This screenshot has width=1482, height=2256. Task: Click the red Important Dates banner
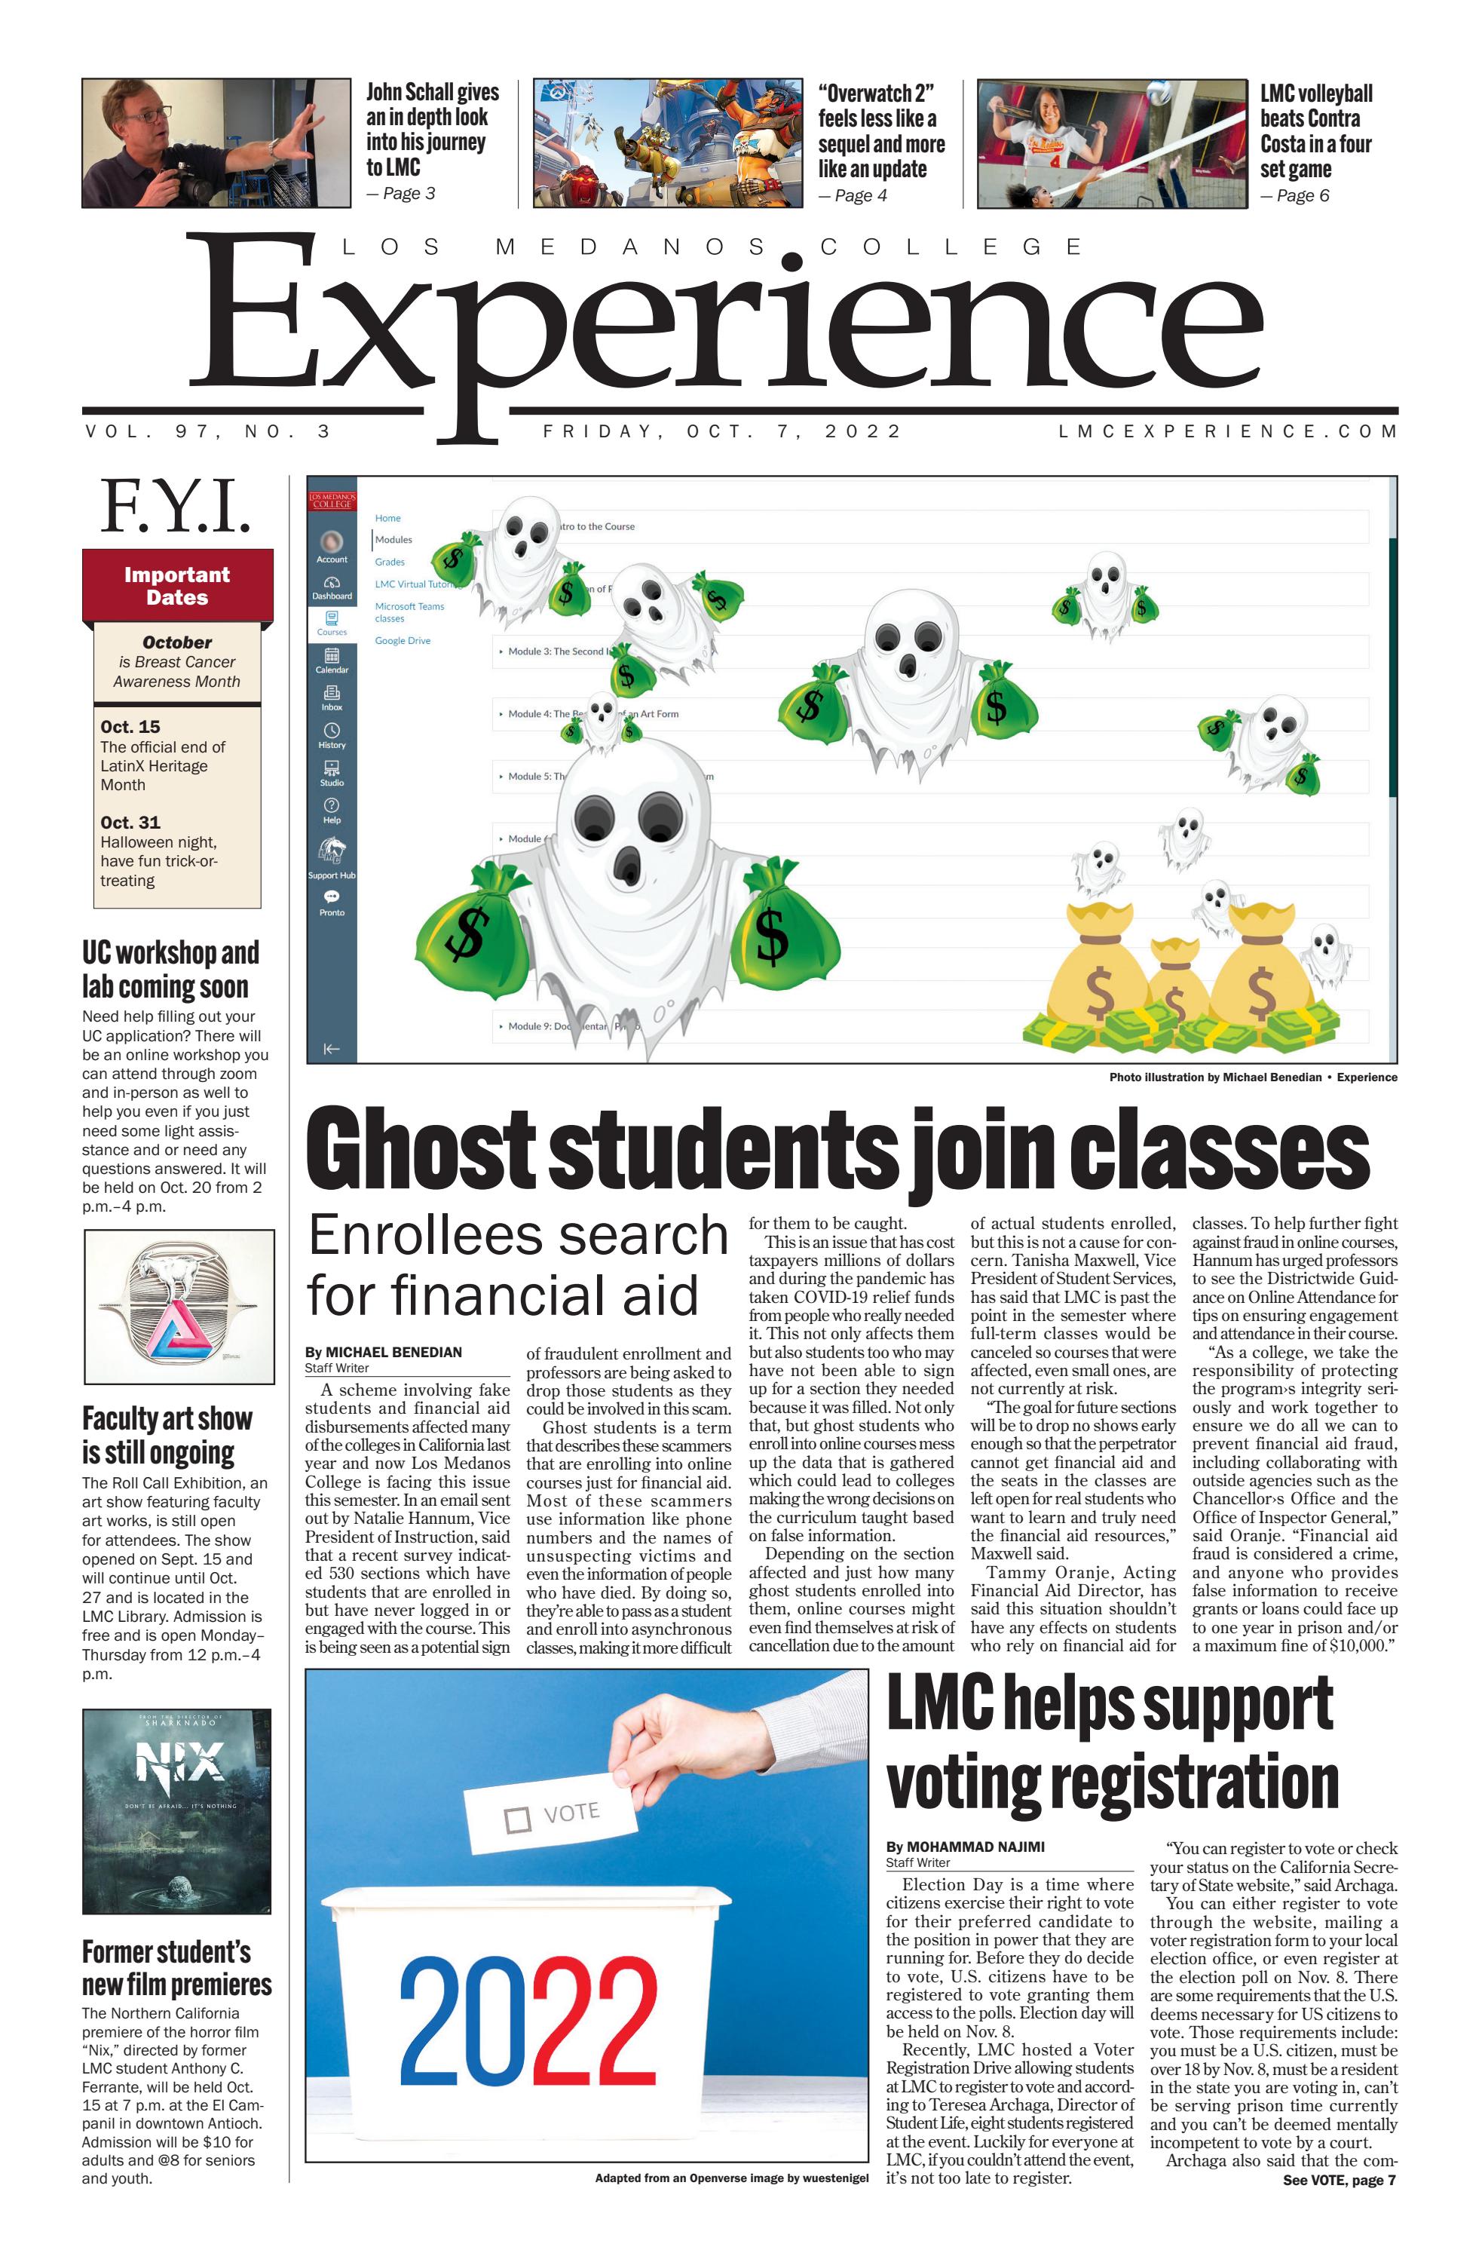[x=177, y=585]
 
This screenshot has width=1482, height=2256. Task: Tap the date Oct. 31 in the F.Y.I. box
[x=130, y=822]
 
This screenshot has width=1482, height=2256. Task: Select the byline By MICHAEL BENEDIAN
[x=383, y=1352]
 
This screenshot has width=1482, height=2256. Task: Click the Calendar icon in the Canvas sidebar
[x=332, y=660]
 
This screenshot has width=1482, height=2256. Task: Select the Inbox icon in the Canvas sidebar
[x=332, y=697]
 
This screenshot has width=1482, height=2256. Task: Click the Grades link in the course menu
[x=390, y=562]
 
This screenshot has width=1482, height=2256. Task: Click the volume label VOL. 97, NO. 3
[x=207, y=431]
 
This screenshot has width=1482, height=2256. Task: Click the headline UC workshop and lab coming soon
[x=170, y=969]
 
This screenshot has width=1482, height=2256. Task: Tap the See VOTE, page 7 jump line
[x=1338, y=2180]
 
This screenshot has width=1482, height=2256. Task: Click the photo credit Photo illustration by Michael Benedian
[x=1215, y=1077]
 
